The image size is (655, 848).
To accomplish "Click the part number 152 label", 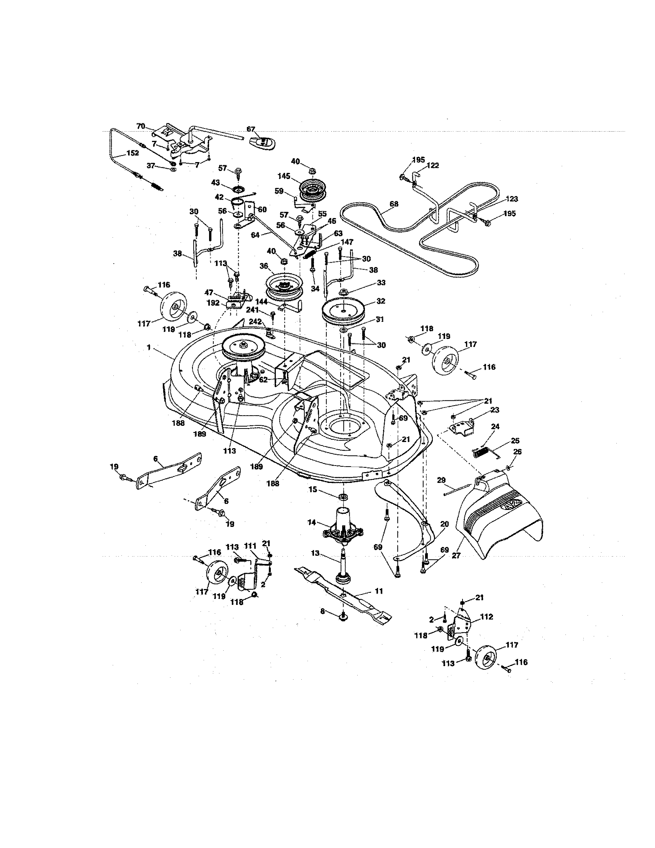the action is (x=132, y=153).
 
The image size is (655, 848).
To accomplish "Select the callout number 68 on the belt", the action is (x=394, y=204).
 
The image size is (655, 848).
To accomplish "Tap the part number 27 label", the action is (x=456, y=556).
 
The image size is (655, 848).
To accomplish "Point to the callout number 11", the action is (x=379, y=591).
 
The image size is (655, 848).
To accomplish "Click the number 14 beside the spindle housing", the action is (x=312, y=522).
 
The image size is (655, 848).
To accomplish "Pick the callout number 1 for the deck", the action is (x=149, y=348).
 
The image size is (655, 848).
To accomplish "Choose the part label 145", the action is (x=284, y=176).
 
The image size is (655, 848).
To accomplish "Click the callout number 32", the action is (x=381, y=301).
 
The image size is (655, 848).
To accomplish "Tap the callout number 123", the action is (x=512, y=199).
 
